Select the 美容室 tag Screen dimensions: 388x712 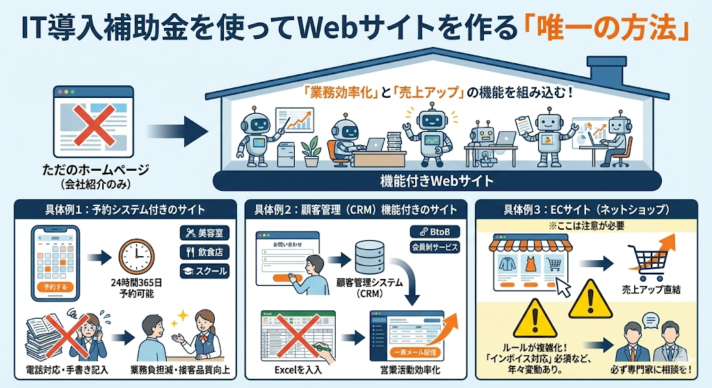click(204, 233)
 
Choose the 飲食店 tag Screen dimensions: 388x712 click(204, 252)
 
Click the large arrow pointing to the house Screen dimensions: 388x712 click(178, 128)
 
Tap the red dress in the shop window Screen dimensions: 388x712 click(531, 264)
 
